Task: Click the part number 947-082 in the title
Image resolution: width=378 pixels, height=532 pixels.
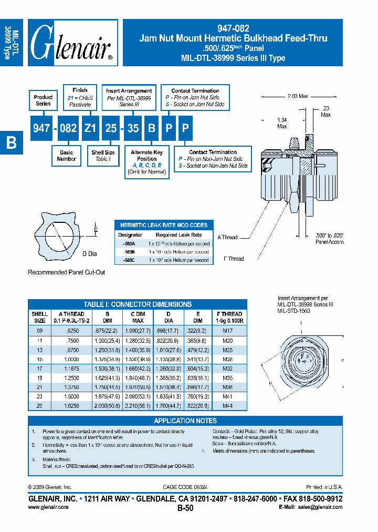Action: (233, 29)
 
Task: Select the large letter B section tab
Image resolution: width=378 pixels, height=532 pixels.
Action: (11, 143)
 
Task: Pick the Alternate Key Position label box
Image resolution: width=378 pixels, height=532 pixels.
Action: (146, 161)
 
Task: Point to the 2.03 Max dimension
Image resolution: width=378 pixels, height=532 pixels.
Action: (298, 96)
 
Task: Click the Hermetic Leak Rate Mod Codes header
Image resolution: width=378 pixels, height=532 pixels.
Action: (164, 225)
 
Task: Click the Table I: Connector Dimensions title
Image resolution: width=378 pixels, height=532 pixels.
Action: (138, 304)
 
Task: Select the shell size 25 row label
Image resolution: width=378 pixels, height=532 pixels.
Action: (39, 406)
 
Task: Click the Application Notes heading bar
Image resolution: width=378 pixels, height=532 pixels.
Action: (185, 421)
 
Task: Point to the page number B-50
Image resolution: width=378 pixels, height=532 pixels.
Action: (185, 508)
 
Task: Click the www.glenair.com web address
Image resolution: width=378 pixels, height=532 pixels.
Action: (48, 507)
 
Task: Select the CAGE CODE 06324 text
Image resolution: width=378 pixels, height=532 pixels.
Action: (185, 487)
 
